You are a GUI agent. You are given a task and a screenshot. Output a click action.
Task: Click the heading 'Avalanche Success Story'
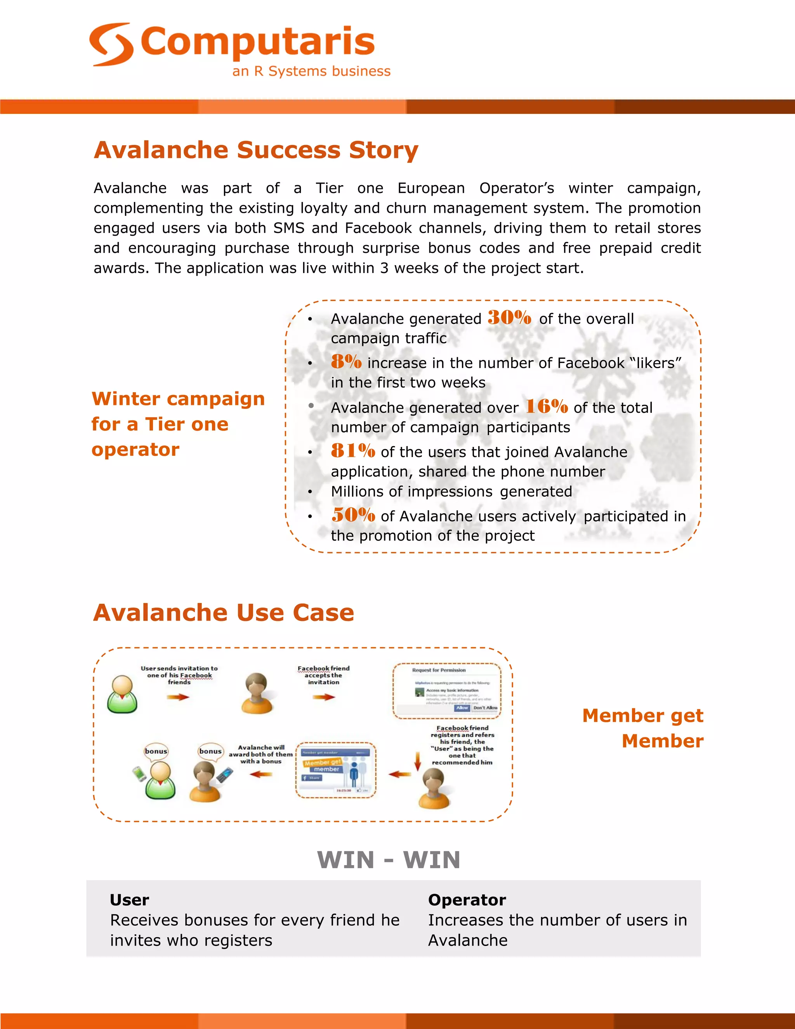(256, 150)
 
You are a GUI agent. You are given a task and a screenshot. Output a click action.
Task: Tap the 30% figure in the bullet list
(509, 318)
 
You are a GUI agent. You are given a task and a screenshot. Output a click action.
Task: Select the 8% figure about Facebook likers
(346, 362)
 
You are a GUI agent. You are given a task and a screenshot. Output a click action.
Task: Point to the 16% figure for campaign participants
(546, 406)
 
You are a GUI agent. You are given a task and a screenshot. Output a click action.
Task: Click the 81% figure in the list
(353, 451)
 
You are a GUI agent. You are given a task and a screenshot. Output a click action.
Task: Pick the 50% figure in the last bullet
(353, 515)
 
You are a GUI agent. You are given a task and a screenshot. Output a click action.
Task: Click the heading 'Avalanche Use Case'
(223, 612)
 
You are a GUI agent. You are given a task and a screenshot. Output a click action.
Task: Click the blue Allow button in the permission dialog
(462, 707)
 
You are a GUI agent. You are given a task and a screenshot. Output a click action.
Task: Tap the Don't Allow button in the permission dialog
(485, 707)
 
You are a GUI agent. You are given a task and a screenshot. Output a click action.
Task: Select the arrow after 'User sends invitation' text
(178, 697)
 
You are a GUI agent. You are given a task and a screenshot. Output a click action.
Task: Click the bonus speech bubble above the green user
(156, 751)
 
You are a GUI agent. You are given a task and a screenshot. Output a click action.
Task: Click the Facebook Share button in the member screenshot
(312, 778)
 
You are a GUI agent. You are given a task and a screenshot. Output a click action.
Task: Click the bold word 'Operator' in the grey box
(467, 900)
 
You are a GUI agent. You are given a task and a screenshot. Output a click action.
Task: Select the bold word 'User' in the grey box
(130, 900)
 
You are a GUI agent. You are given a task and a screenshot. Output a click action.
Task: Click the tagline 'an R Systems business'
(311, 71)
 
